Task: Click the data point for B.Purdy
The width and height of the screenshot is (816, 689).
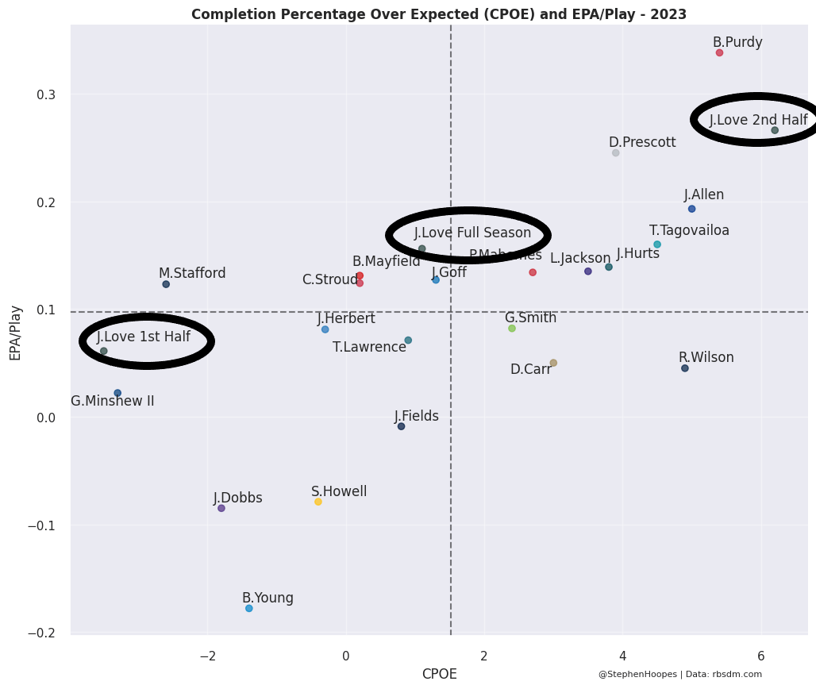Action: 719,53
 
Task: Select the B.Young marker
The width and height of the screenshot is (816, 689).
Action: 249,609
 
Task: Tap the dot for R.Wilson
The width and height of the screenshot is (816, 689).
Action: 685,368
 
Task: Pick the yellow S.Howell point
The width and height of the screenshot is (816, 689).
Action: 318,502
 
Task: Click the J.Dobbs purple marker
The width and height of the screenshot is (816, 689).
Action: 221,508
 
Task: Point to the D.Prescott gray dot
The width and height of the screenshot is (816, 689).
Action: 615,153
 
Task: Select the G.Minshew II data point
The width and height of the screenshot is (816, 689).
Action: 117,393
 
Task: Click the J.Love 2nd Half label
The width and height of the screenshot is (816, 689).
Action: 758,121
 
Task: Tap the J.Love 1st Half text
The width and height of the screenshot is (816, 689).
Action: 144,337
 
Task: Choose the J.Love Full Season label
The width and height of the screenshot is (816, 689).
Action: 472,233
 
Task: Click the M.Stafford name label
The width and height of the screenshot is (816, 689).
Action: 192,274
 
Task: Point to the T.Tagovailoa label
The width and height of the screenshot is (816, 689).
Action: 689,231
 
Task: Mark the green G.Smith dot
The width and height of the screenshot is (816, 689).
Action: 512,329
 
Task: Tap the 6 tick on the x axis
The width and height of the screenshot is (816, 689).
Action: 760,656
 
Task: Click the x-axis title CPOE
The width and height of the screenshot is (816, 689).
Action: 439,675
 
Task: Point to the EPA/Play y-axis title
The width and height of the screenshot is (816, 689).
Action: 15,333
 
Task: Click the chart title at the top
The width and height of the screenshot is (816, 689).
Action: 439,14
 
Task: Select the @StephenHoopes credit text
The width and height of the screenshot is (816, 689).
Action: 637,675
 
